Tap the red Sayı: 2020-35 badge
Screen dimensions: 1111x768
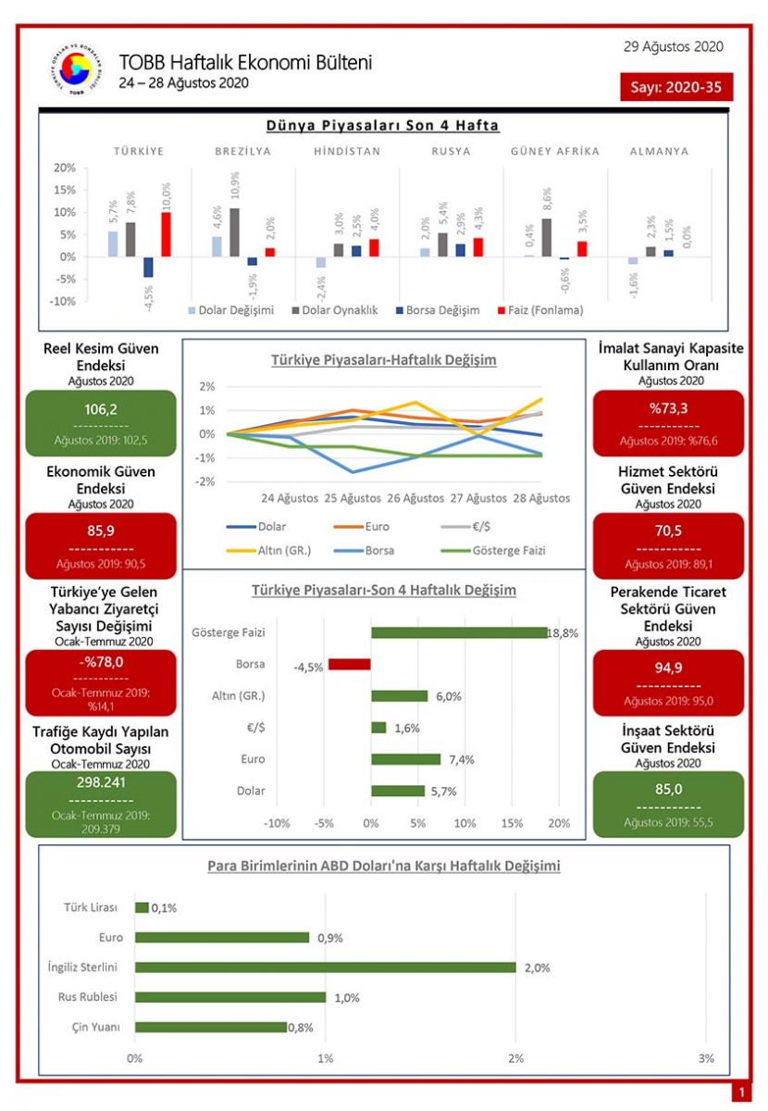[676, 87]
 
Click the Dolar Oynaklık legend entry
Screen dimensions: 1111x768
[334, 310]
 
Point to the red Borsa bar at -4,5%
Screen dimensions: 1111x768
[349, 665]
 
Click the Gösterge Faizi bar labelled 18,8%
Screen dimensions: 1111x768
[459, 633]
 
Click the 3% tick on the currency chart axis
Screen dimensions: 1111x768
[706, 1058]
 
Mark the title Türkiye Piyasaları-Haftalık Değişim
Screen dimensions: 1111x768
[383, 360]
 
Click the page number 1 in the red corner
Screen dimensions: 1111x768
[740, 1093]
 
